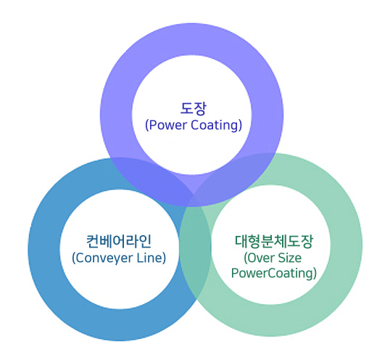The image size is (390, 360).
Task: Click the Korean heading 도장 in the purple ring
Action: tap(194, 109)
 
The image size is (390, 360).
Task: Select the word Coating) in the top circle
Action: tap(217, 125)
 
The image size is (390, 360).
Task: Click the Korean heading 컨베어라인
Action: tap(119, 241)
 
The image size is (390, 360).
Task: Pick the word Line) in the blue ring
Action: tap(152, 258)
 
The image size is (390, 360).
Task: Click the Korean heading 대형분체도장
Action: tap(274, 241)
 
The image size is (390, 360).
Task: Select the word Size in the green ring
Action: tap(289, 258)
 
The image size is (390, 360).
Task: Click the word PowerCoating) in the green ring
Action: tap(274, 273)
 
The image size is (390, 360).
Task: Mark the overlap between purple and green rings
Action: tap(233, 176)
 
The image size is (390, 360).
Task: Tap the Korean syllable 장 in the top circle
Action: tap(200, 109)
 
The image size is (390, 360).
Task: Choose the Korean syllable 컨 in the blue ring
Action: tap(93, 241)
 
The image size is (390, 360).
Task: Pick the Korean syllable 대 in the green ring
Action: tap(241, 241)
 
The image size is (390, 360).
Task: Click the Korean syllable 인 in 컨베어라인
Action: tap(145, 241)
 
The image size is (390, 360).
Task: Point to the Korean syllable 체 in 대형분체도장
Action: tap(281, 241)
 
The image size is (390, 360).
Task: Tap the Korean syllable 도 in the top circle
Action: tap(186, 109)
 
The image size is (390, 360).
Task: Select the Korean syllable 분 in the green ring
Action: tap(267, 241)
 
